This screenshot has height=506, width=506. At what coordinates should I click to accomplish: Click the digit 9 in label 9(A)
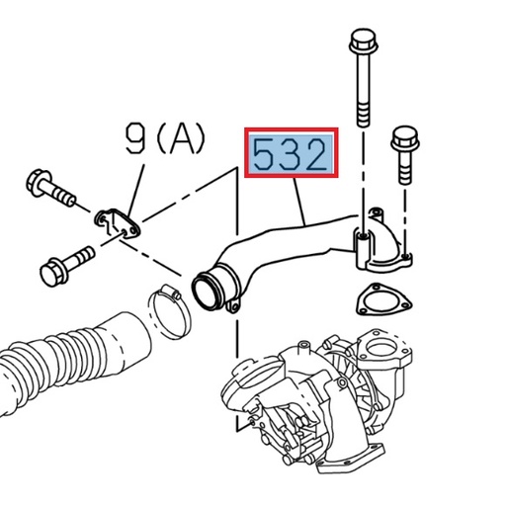(136, 139)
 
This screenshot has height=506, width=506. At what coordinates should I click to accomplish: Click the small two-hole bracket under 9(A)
(119, 222)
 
